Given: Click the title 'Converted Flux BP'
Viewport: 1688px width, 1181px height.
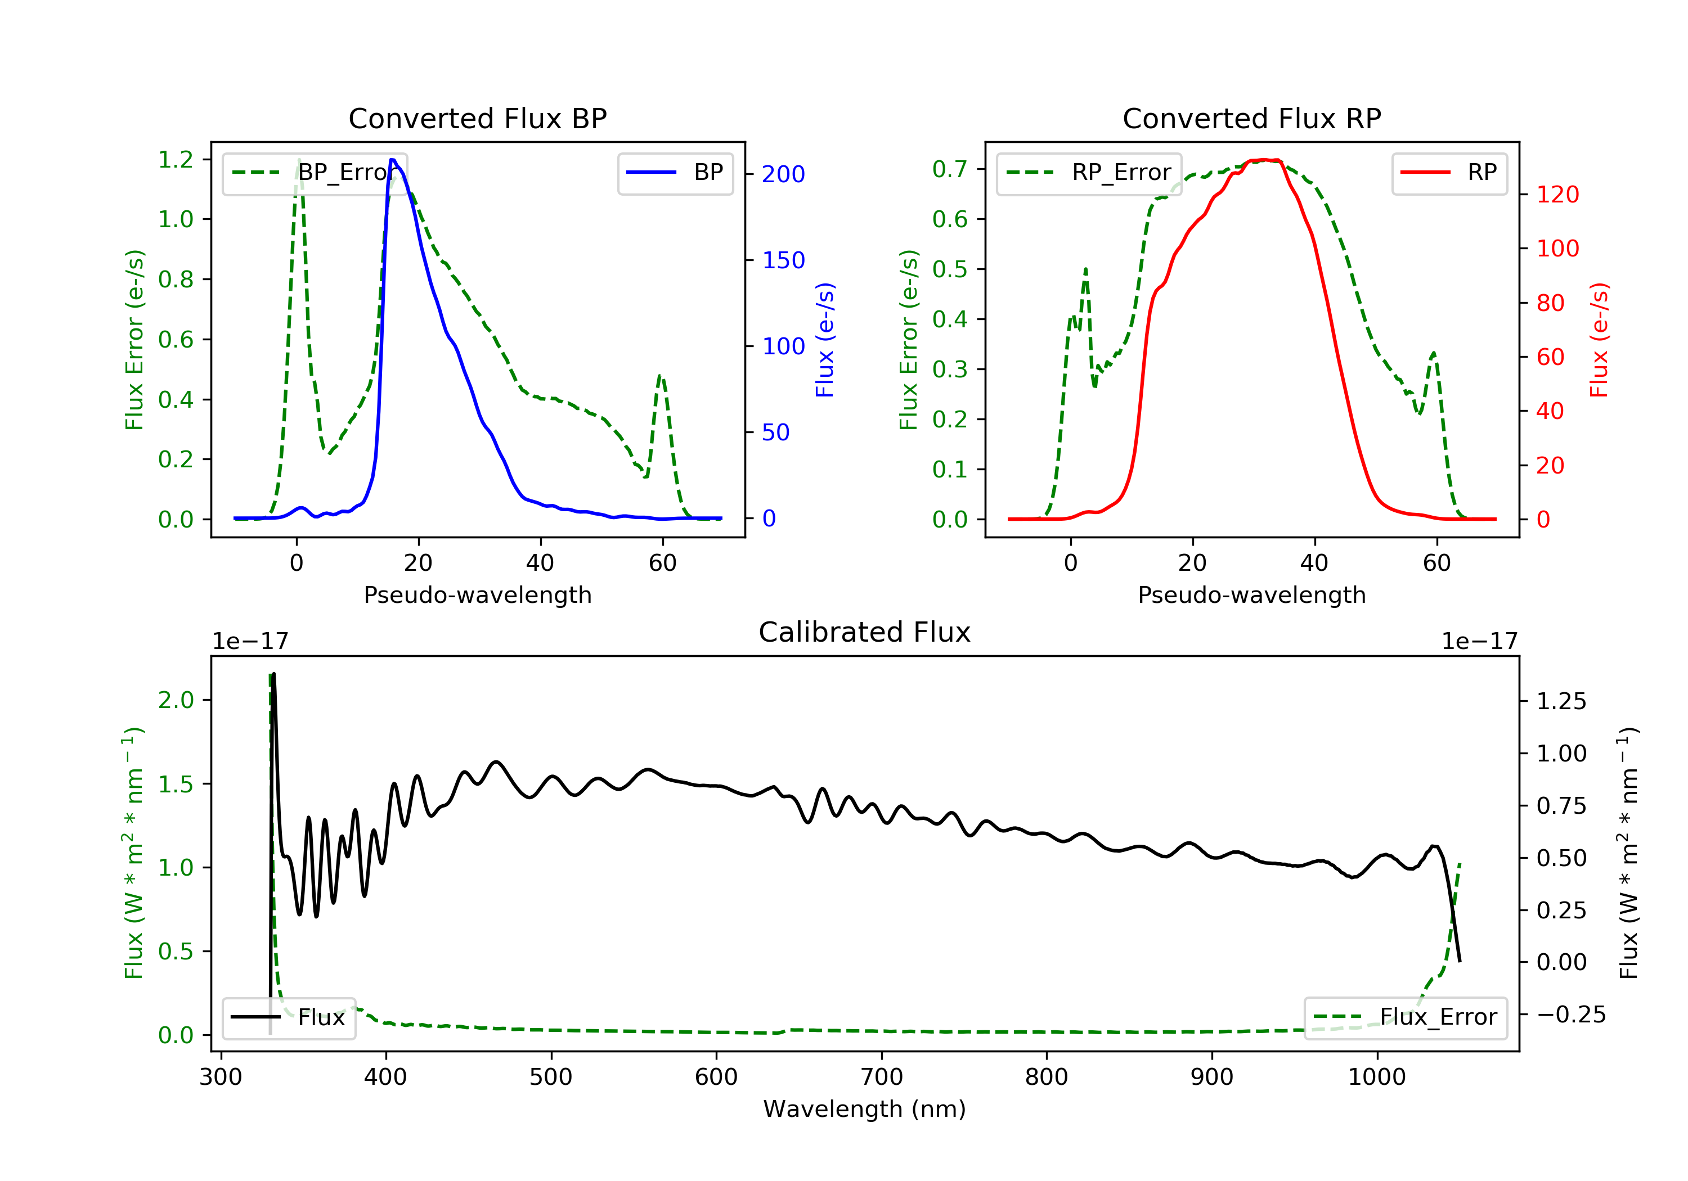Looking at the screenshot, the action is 477,118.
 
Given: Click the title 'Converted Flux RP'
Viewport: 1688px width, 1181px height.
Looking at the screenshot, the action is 1251,118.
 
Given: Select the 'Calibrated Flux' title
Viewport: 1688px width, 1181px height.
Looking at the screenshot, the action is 865,632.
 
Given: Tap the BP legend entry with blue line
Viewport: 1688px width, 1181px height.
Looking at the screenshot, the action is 675,173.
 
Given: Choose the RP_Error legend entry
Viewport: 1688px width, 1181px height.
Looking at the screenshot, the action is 1089,173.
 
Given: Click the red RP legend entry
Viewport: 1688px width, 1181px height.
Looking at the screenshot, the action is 1449,173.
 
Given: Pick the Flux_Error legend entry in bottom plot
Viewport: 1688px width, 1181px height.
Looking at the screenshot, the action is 1405,1017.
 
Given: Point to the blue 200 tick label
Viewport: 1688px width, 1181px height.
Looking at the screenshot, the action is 783,174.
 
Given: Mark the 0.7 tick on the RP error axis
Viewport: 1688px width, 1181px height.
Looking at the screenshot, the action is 950,169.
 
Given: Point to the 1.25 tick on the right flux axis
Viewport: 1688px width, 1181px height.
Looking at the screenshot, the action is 1561,701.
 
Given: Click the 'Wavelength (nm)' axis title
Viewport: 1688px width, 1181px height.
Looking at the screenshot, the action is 865,1109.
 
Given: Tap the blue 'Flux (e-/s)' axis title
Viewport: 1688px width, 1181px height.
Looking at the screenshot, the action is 825,340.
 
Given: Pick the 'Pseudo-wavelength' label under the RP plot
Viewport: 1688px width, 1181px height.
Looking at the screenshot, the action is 1251,594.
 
